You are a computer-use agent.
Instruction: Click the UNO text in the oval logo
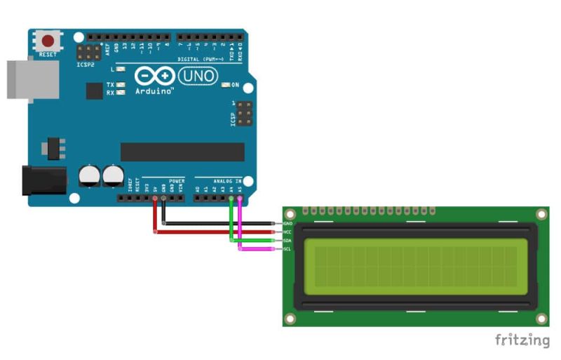click(x=198, y=75)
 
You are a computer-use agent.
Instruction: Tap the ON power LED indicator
click(x=225, y=85)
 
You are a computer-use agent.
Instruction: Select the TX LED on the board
click(x=121, y=85)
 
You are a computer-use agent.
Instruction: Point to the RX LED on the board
click(x=121, y=93)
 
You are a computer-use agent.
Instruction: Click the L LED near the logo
click(x=121, y=69)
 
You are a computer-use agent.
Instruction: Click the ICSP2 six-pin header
click(x=88, y=51)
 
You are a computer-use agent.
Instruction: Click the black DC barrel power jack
click(x=43, y=180)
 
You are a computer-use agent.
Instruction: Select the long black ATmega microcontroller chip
click(x=182, y=152)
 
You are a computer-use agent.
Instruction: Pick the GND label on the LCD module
click(x=288, y=224)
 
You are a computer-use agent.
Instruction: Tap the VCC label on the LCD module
click(x=288, y=232)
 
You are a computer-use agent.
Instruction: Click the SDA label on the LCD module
click(x=288, y=240)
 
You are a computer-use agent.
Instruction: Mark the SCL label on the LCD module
click(x=288, y=248)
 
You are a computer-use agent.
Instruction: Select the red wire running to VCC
click(x=210, y=232)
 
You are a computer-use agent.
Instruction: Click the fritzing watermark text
click(x=522, y=340)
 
